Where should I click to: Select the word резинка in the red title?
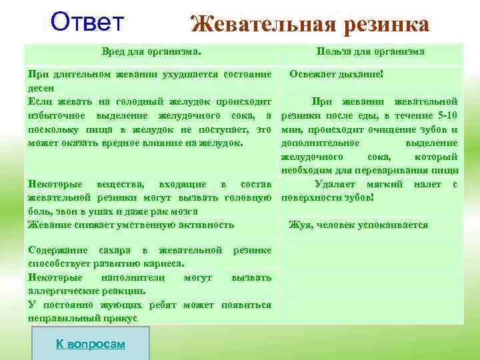point(387,25)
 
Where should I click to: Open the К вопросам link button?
point(90,343)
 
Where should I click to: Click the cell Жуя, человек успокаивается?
point(358,225)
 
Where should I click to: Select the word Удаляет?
point(338,184)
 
